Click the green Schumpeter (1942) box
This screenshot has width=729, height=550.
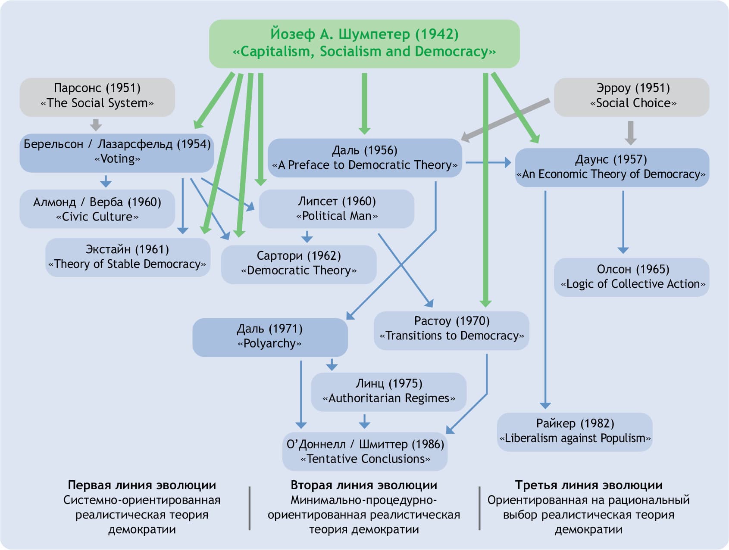pyautogui.click(x=364, y=43)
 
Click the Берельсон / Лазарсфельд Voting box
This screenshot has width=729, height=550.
pyautogui.click(x=116, y=152)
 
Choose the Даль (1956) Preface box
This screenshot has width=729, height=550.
pyautogui.click(x=364, y=158)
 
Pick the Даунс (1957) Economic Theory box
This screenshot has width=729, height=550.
pyautogui.click(x=611, y=167)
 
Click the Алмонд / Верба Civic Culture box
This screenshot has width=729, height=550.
pyautogui.click(x=97, y=209)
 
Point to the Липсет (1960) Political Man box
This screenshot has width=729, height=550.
pyautogui.click(x=336, y=208)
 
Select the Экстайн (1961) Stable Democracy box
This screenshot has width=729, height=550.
pyautogui.click(x=128, y=257)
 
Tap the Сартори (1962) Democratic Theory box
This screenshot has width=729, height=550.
pyautogui.click(x=298, y=264)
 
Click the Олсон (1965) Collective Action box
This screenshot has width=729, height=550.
pyautogui.click(x=632, y=277)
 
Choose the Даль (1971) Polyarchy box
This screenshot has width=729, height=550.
pyautogui.click(x=269, y=337)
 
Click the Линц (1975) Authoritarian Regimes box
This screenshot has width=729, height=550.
pyautogui.click(x=388, y=391)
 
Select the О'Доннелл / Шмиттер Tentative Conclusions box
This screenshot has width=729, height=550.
pyautogui.click(x=365, y=451)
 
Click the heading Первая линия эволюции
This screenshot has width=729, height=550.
pyautogui.click(x=142, y=485)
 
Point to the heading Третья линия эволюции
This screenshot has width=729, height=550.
pyautogui.click(x=588, y=485)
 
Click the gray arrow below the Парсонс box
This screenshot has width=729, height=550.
pyautogui.click(x=96, y=125)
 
